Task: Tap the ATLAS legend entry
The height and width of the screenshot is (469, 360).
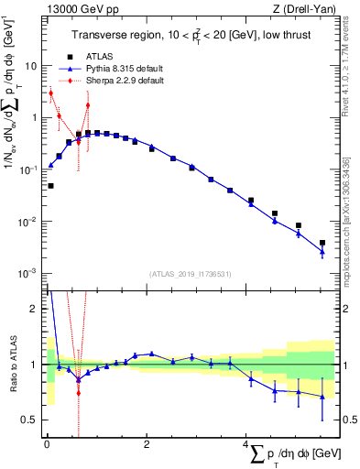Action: (99, 56)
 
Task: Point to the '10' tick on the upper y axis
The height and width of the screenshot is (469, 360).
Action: (29, 66)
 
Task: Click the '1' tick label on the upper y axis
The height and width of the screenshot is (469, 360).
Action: (33, 118)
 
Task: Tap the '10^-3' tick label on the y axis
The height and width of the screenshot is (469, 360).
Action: (28, 274)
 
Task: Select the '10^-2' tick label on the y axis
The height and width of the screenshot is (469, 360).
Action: (28, 222)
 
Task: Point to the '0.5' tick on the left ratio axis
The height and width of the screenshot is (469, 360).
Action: (28, 420)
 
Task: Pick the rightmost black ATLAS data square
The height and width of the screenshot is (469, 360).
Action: (322, 243)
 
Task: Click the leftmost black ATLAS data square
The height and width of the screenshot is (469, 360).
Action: (50, 186)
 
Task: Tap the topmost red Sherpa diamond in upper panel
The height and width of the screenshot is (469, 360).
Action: (51, 93)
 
